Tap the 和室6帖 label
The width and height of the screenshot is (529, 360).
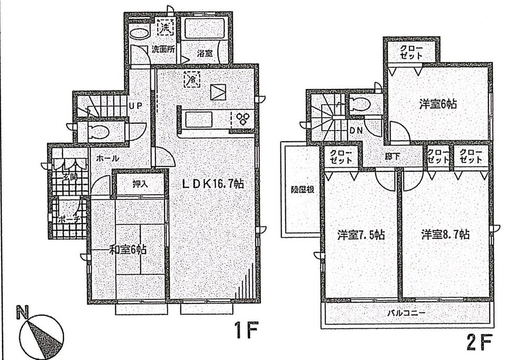(x=127, y=249)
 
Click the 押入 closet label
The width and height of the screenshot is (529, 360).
(x=140, y=184)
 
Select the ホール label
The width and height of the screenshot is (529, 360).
(x=108, y=159)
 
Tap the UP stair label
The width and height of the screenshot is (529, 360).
(x=135, y=106)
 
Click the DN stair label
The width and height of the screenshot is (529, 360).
(x=355, y=130)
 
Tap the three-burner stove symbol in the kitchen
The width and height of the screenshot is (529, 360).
(x=244, y=118)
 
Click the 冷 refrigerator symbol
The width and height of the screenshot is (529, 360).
(x=191, y=80)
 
